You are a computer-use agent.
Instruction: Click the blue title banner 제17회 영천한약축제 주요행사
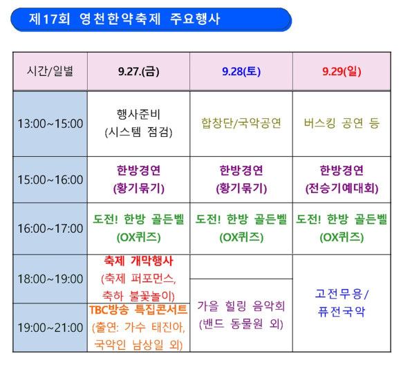151,19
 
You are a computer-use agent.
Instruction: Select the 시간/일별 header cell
50,71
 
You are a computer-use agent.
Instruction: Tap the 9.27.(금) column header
138,71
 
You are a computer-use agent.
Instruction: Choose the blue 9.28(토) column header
241,71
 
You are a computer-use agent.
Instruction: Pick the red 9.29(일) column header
342,71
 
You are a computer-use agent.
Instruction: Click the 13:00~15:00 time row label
50,124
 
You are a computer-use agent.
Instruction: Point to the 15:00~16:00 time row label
50,180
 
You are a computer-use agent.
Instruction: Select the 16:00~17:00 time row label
50,229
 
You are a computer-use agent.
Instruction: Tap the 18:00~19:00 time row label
50,279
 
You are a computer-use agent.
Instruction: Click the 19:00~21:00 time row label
50,328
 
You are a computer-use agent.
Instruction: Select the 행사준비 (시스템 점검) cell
138,124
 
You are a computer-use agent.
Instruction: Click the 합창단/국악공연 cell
241,124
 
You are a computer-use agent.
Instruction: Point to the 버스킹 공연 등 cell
342,124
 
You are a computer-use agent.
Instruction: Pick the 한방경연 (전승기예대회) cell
342,180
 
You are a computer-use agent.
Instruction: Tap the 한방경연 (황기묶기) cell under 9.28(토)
241,180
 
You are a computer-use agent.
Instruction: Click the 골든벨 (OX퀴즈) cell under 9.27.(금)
138,229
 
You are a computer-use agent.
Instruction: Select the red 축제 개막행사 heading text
138,261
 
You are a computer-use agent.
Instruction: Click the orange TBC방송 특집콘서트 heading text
138,310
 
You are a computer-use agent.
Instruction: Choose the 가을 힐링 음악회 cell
241,315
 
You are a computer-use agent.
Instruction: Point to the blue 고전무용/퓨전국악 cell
342,303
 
